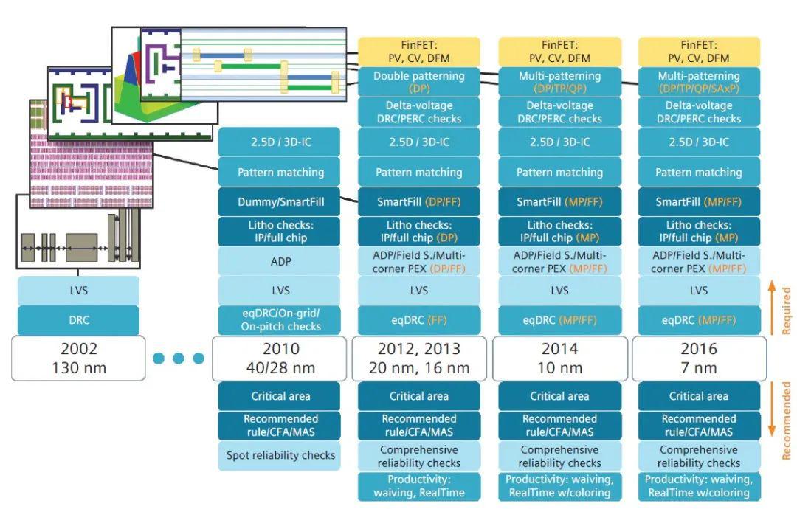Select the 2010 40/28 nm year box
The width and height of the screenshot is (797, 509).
point(280,358)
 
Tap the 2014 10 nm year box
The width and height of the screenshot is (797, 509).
point(559,358)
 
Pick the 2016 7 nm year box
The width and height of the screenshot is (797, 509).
point(698,358)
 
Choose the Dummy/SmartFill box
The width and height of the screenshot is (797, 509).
point(280,201)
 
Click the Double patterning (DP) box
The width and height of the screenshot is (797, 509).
point(419,82)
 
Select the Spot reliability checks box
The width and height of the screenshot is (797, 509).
point(280,456)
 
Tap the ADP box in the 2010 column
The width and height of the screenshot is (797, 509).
point(280,261)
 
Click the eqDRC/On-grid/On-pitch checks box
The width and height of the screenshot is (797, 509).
point(280,321)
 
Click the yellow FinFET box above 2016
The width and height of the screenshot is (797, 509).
point(698,51)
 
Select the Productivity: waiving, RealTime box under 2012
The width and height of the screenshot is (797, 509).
point(419,486)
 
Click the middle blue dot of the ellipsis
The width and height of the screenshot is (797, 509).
point(179,359)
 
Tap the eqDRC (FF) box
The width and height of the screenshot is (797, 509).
point(419,321)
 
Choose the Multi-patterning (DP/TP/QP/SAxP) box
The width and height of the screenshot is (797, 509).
point(698,82)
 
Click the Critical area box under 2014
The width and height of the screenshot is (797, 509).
point(559,396)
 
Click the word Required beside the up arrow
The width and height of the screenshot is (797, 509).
point(787,310)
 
